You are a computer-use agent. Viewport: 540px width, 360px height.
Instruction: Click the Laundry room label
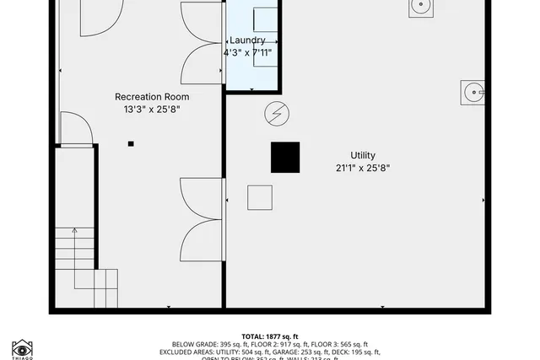[248, 40]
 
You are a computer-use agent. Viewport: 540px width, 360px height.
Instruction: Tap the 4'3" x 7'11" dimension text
[247, 52]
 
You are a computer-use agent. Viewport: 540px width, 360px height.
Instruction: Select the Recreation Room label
[152, 97]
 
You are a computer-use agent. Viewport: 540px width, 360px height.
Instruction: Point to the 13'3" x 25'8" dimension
[152, 109]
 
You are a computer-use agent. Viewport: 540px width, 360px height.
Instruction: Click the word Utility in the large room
[363, 155]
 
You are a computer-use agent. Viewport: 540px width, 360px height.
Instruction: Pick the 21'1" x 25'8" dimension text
[362, 168]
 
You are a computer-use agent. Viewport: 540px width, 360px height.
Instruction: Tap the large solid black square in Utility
[285, 158]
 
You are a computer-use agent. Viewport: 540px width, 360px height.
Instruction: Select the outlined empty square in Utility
[260, 197]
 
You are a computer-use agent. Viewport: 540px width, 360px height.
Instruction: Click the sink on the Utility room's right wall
[472, 92]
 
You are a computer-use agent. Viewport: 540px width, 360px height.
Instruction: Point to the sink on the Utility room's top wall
[421, 8]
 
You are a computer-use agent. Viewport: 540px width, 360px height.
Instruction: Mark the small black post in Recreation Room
[131, 144]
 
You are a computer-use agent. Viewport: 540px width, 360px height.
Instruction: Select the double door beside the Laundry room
[202, 42]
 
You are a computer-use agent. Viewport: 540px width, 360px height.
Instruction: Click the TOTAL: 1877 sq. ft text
[270, 336]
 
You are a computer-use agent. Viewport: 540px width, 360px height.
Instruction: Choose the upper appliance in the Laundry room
[264, 19]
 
